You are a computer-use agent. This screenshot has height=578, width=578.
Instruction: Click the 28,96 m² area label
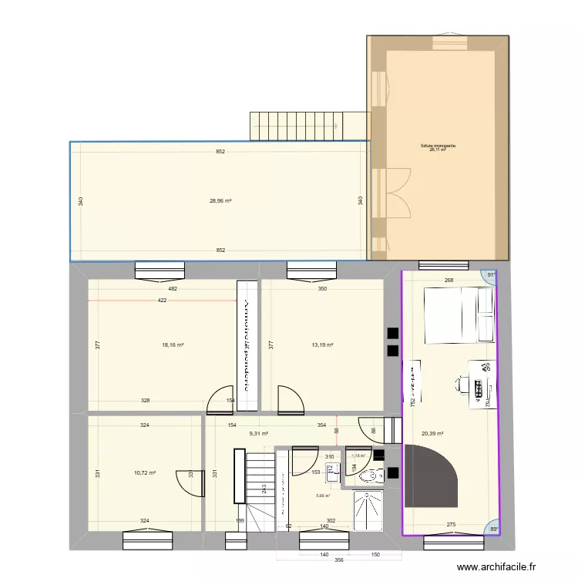(x=220, y=201)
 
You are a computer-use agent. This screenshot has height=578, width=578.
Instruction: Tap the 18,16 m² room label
(x=173, y=345)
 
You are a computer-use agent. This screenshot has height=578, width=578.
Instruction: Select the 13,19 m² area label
(x=322, y=345)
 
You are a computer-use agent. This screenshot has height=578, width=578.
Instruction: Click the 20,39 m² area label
(x=432, y=434)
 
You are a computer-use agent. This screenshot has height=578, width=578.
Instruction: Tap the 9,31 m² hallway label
(x=258, y=434)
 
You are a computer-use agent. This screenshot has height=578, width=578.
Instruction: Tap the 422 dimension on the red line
(x=162, y=301)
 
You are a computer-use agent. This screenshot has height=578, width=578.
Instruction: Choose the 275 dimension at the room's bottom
(x=452, y=525)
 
